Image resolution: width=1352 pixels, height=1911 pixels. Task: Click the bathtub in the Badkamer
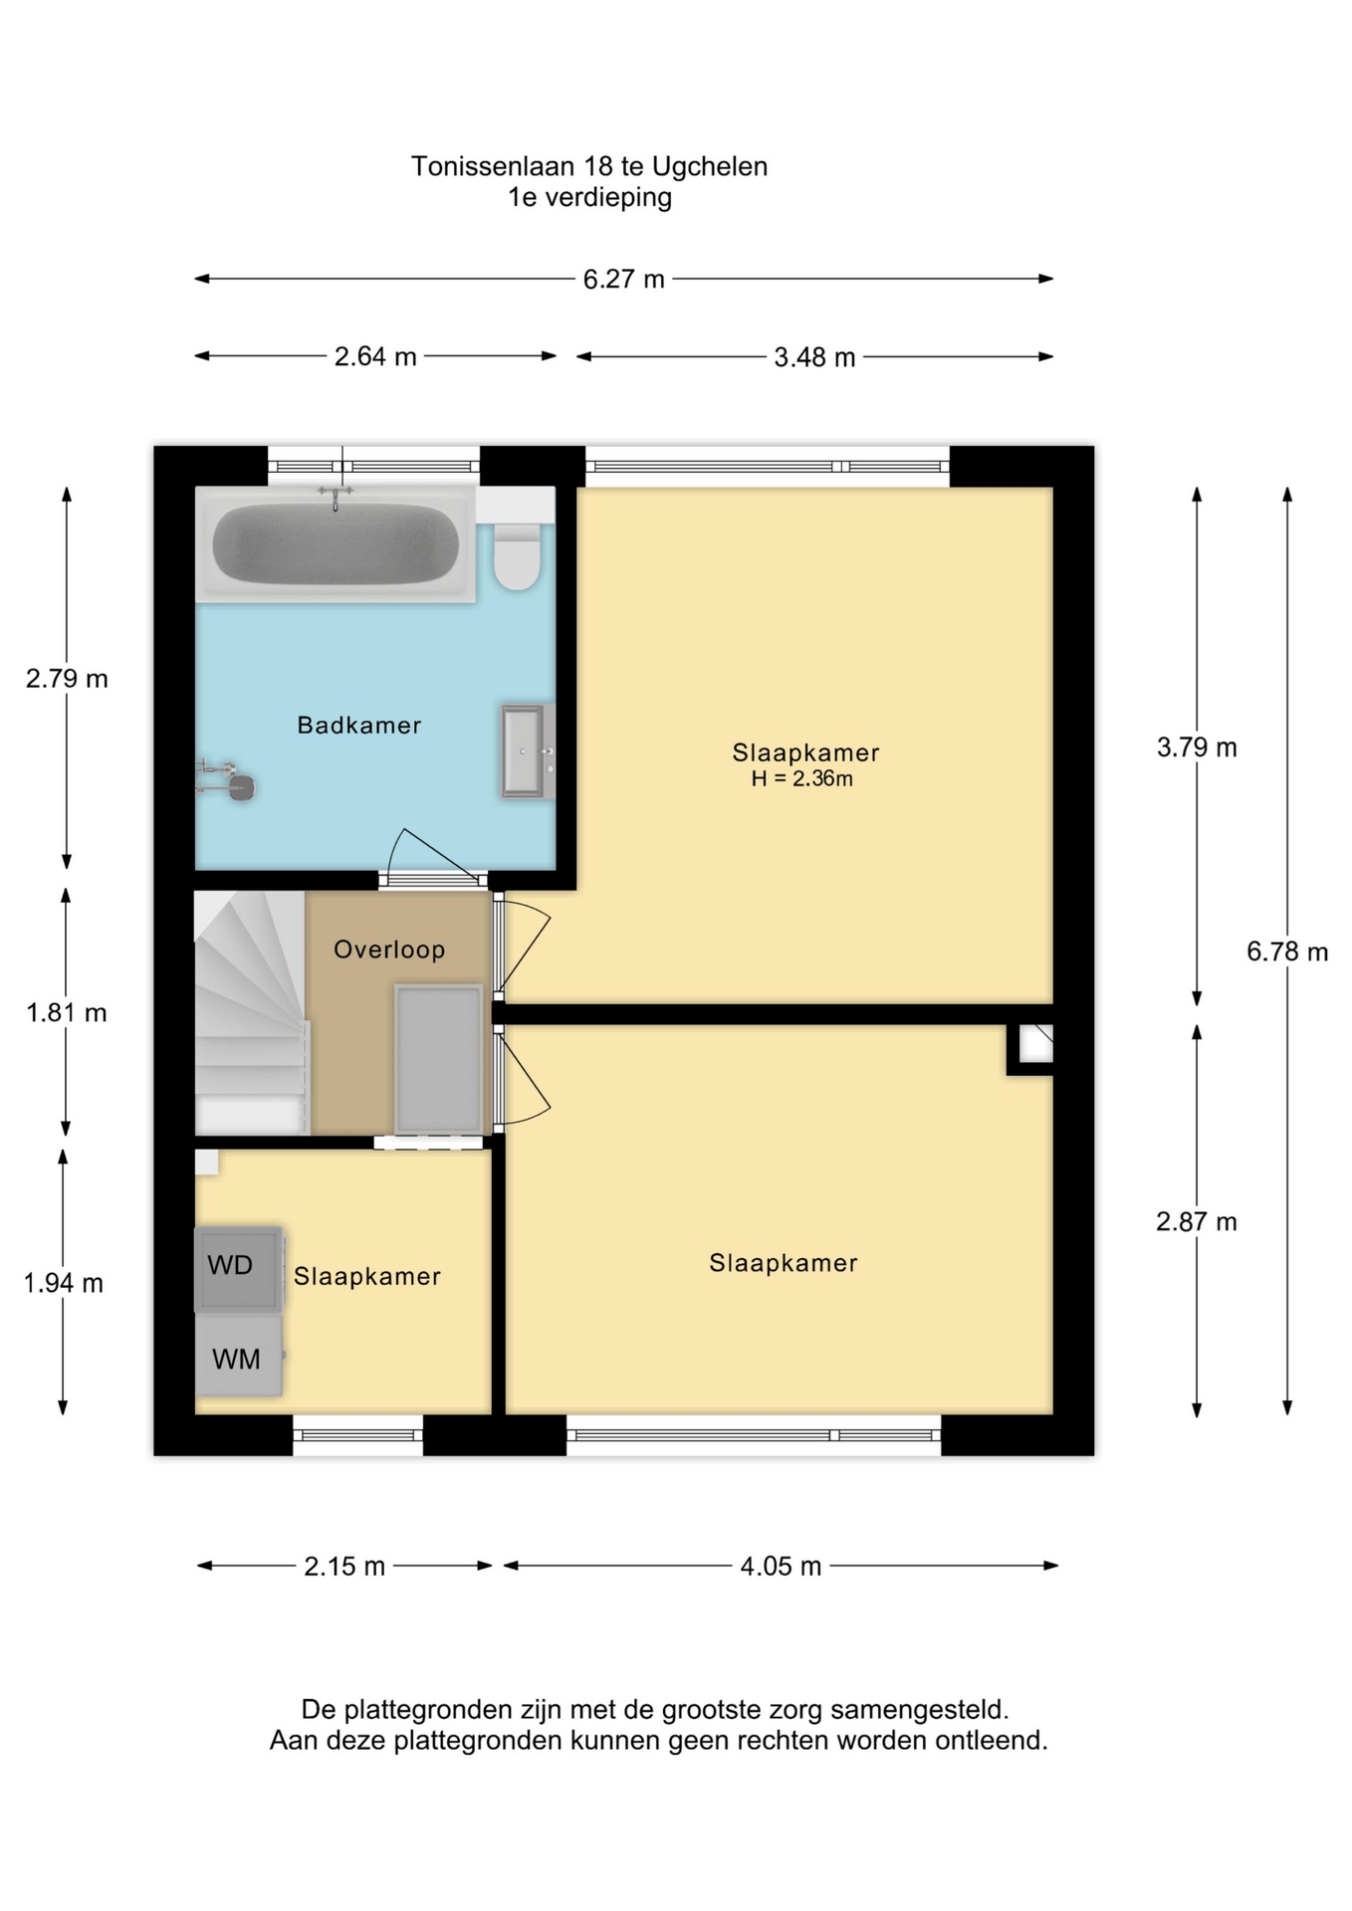[x=336, y=544]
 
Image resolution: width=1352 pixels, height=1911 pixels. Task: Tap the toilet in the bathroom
[x=517, y=556]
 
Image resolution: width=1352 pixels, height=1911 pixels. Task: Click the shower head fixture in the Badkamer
[x=227, y=780]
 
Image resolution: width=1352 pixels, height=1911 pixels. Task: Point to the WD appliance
[x=238, y=1268]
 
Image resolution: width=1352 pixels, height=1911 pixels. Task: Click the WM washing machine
[x=238, y=1356]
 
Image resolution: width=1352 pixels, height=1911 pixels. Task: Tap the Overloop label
[x=389, y=950]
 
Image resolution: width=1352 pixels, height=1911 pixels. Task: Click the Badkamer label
[x=359, y=725]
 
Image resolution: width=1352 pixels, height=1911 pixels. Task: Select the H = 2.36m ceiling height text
[x=801, y=778]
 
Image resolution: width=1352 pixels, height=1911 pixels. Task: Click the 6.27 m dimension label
[x=623, y=279]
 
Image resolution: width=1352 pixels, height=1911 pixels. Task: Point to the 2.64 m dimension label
[x=375, y=356]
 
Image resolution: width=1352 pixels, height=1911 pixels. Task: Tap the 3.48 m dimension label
[x=814, y=357]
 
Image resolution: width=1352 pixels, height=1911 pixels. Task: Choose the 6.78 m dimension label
[x=1287, y=952]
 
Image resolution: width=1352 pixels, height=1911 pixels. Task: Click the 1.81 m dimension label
[x=67, y=1013]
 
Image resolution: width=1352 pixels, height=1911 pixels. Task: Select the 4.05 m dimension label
[x=781, y=1567]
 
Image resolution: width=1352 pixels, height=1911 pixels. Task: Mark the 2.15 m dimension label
[x=344, y=1567]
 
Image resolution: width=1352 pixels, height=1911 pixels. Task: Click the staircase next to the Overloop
[x=250, y=1012]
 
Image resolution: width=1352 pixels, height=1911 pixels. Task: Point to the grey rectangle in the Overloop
[x=438, y=1059]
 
